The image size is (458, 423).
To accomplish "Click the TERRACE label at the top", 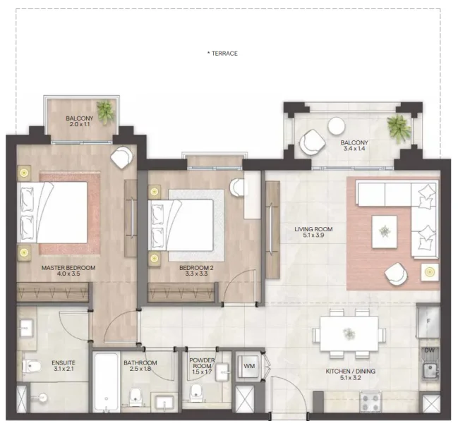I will (x=222, y=54).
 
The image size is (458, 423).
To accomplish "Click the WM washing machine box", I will (x=249, y=366).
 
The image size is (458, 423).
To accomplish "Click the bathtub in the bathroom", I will (x=106, y=381).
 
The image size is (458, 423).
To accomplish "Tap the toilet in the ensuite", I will (x=32, y=366).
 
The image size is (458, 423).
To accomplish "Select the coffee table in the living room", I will (x=385, y=231).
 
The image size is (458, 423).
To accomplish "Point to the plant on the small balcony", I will (x=105, y=111).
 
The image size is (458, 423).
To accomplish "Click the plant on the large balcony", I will (x=398, y=127).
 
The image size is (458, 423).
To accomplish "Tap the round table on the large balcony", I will (x=336, y=126).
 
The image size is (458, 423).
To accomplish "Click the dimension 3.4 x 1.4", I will (x=355, y=150).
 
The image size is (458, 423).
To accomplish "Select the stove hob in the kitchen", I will (x=370, y=402).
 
